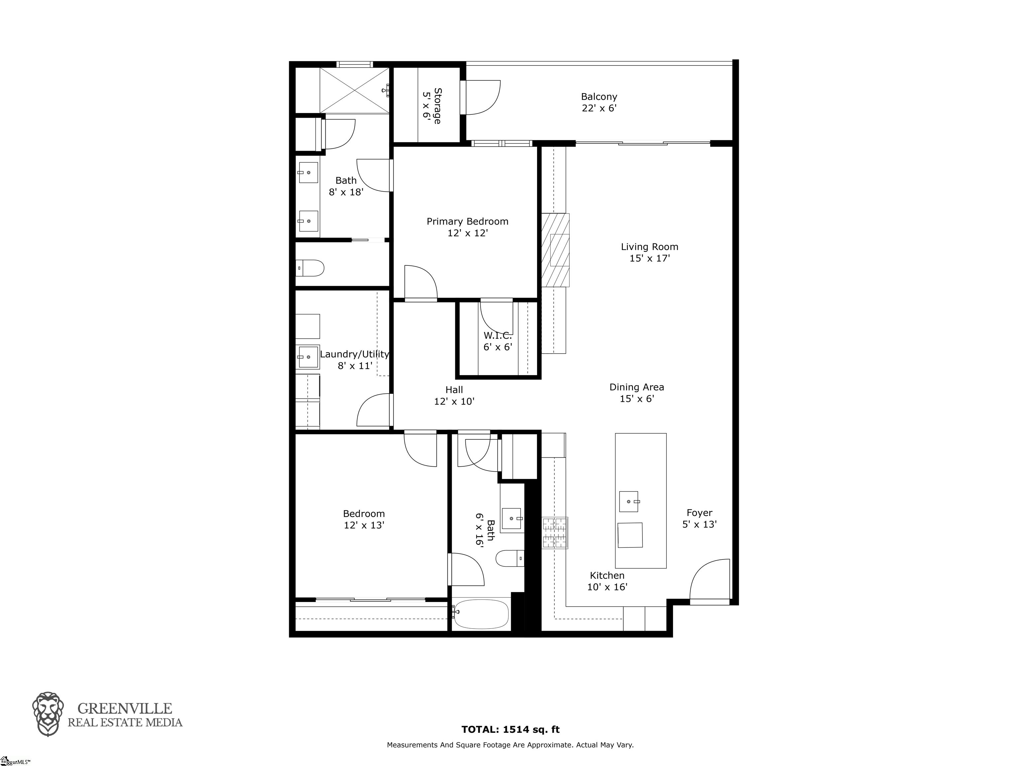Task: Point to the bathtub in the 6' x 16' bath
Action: point(481,614)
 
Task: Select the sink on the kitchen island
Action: point(629,502)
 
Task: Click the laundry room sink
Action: point(307,357)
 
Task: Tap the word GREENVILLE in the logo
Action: point(125,709)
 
